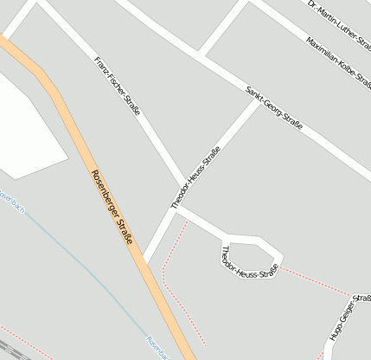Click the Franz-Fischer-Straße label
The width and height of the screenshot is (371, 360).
(x=118, y=90)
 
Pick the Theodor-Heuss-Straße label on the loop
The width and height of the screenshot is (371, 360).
(x=249, y=262)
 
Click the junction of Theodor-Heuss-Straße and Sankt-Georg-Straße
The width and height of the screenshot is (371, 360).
(x=257, y=102)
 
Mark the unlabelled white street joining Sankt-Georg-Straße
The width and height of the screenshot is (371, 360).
(x=223, y=31)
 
